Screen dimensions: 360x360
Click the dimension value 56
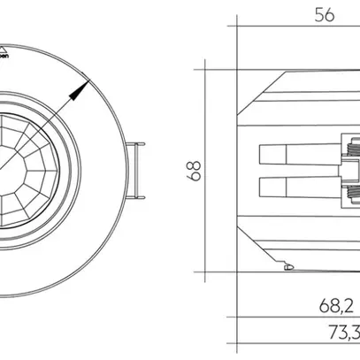pyautogui.click(x=326, y=14)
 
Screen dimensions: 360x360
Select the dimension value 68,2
pyautogui.click(x=337, y=306)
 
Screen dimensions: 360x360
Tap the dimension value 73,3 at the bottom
pyautogui.click(x=341, y=335)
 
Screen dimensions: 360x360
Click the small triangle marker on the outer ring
pyautogui.click(x=3, y=42)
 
